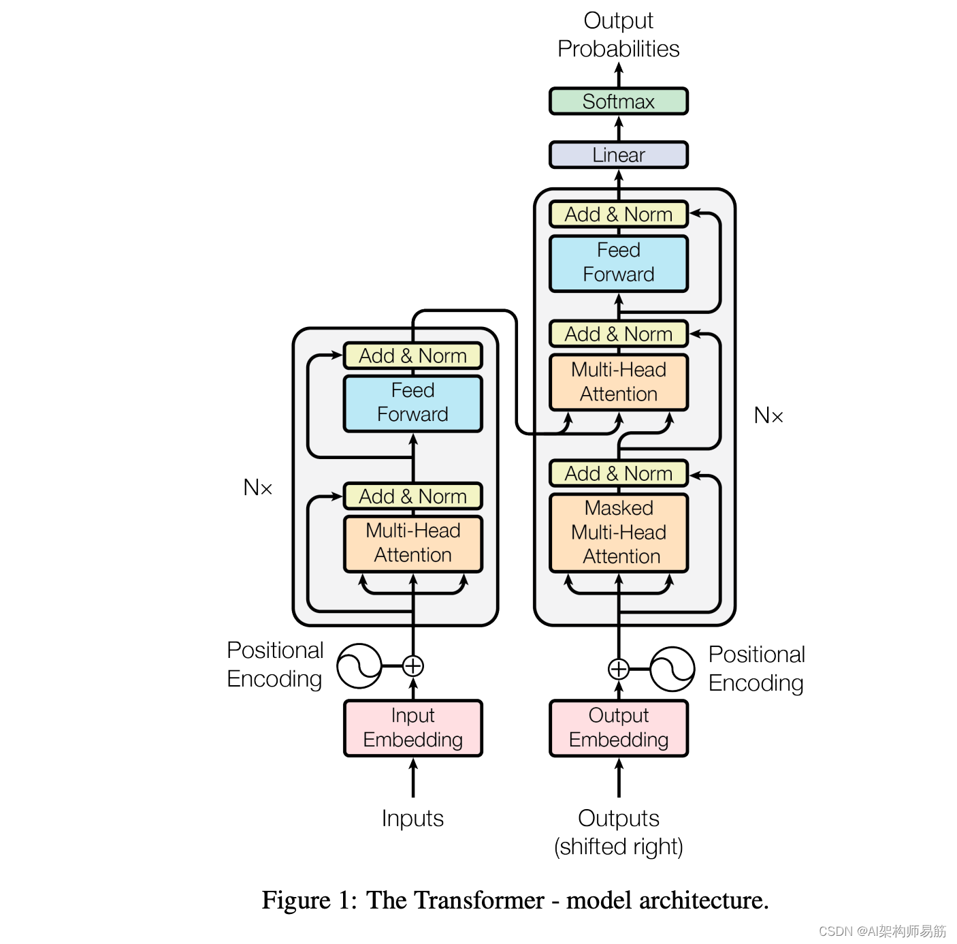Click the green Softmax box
click(x=618, y=101)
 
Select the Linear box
click(x=618, y=155)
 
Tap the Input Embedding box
click(x=412, y=728)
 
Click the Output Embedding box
click(x=618, y=728)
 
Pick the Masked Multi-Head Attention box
click(x=618, y=533)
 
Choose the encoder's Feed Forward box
click(x=412, y=403)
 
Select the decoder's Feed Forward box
click(x=618, y=263)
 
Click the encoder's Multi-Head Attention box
click(x=412, y=543)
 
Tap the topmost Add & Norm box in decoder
click(x=618, y=215)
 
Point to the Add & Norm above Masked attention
click(x=618, y=473)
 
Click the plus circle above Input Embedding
click(x=413, y=665)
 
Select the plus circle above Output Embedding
click(x=618, y=669)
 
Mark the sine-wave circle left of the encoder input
click(x=359, y=665)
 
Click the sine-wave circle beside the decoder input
click(x=672, y=669)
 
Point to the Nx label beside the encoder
click(x=258, y=488)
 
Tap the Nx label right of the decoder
click(x=768, y=415)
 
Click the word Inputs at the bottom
click(x=412, y=818)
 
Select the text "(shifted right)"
click(x=618, y=847)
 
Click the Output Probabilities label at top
click(x=618, y=35)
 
